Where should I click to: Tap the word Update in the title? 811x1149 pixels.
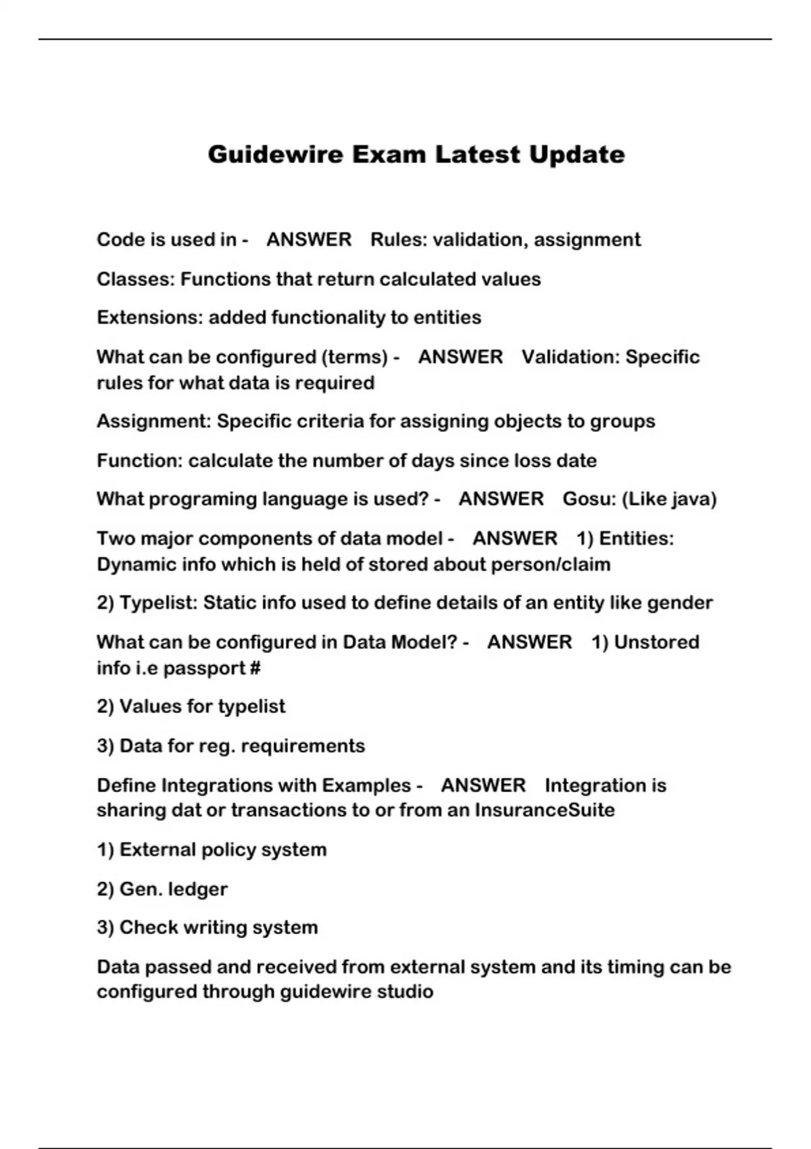pyautogui.click(x=576, y=155)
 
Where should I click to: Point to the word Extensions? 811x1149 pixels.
pyautogui.click(x=149, y=318)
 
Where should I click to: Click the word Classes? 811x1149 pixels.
pyautogui.click(x=135, y=279)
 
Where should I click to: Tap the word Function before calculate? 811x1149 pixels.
pyautogui.click(x=139, y=461)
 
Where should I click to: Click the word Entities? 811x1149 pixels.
pyautogui.click(x=636, y=539)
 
